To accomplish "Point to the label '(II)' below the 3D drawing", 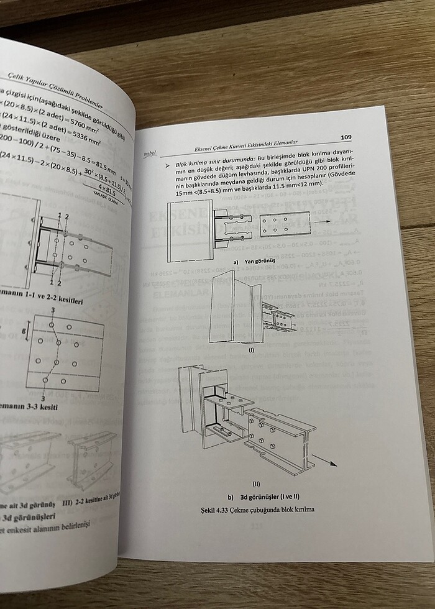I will coord(256,483).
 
